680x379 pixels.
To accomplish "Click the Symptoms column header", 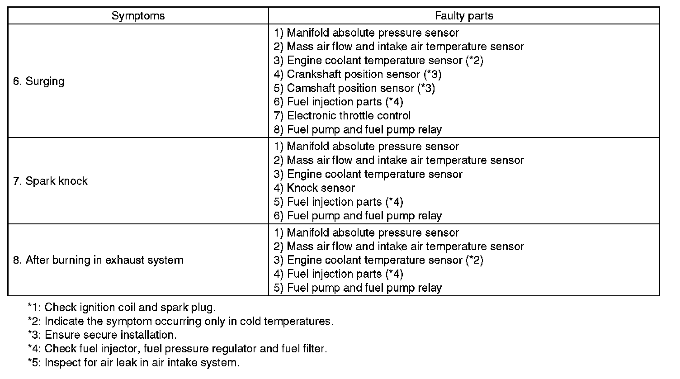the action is tap(138, 16).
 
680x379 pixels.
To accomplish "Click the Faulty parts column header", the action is tap(464, 16).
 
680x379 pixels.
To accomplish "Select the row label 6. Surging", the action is tap(39, 81).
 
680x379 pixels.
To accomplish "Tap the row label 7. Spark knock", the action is tap(50, 181).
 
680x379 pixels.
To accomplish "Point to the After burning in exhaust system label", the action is tap(98, 260).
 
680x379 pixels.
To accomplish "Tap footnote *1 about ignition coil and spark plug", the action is tap(122, 308).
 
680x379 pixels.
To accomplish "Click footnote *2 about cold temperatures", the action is tap(180, 322).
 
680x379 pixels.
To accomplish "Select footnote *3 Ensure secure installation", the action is tap(102, 335).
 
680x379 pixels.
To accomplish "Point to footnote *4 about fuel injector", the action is tap(177, 349).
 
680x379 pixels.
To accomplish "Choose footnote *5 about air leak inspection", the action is tap(133, 363).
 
